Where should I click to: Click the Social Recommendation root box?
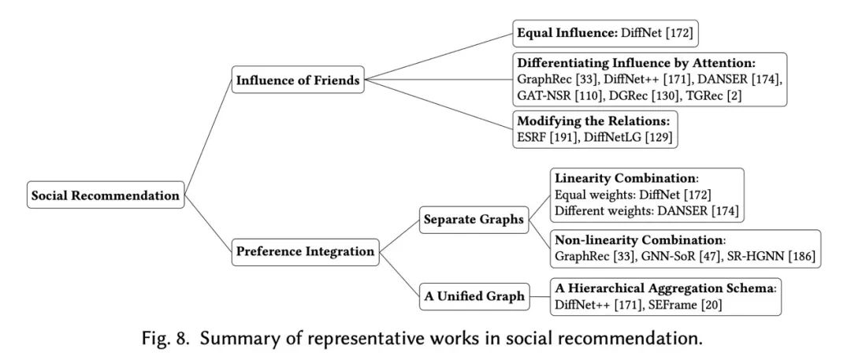pyautogui.click(x=105, y=195)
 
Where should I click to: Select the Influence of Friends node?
pyautogui.click(x=298, y=80)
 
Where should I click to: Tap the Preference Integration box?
pyautogui.click(x=304, y=252)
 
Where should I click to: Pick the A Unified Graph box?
pyautogui.click(x=474, y=296)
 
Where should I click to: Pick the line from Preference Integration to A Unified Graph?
pyautogui.click(x=399, y=274)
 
